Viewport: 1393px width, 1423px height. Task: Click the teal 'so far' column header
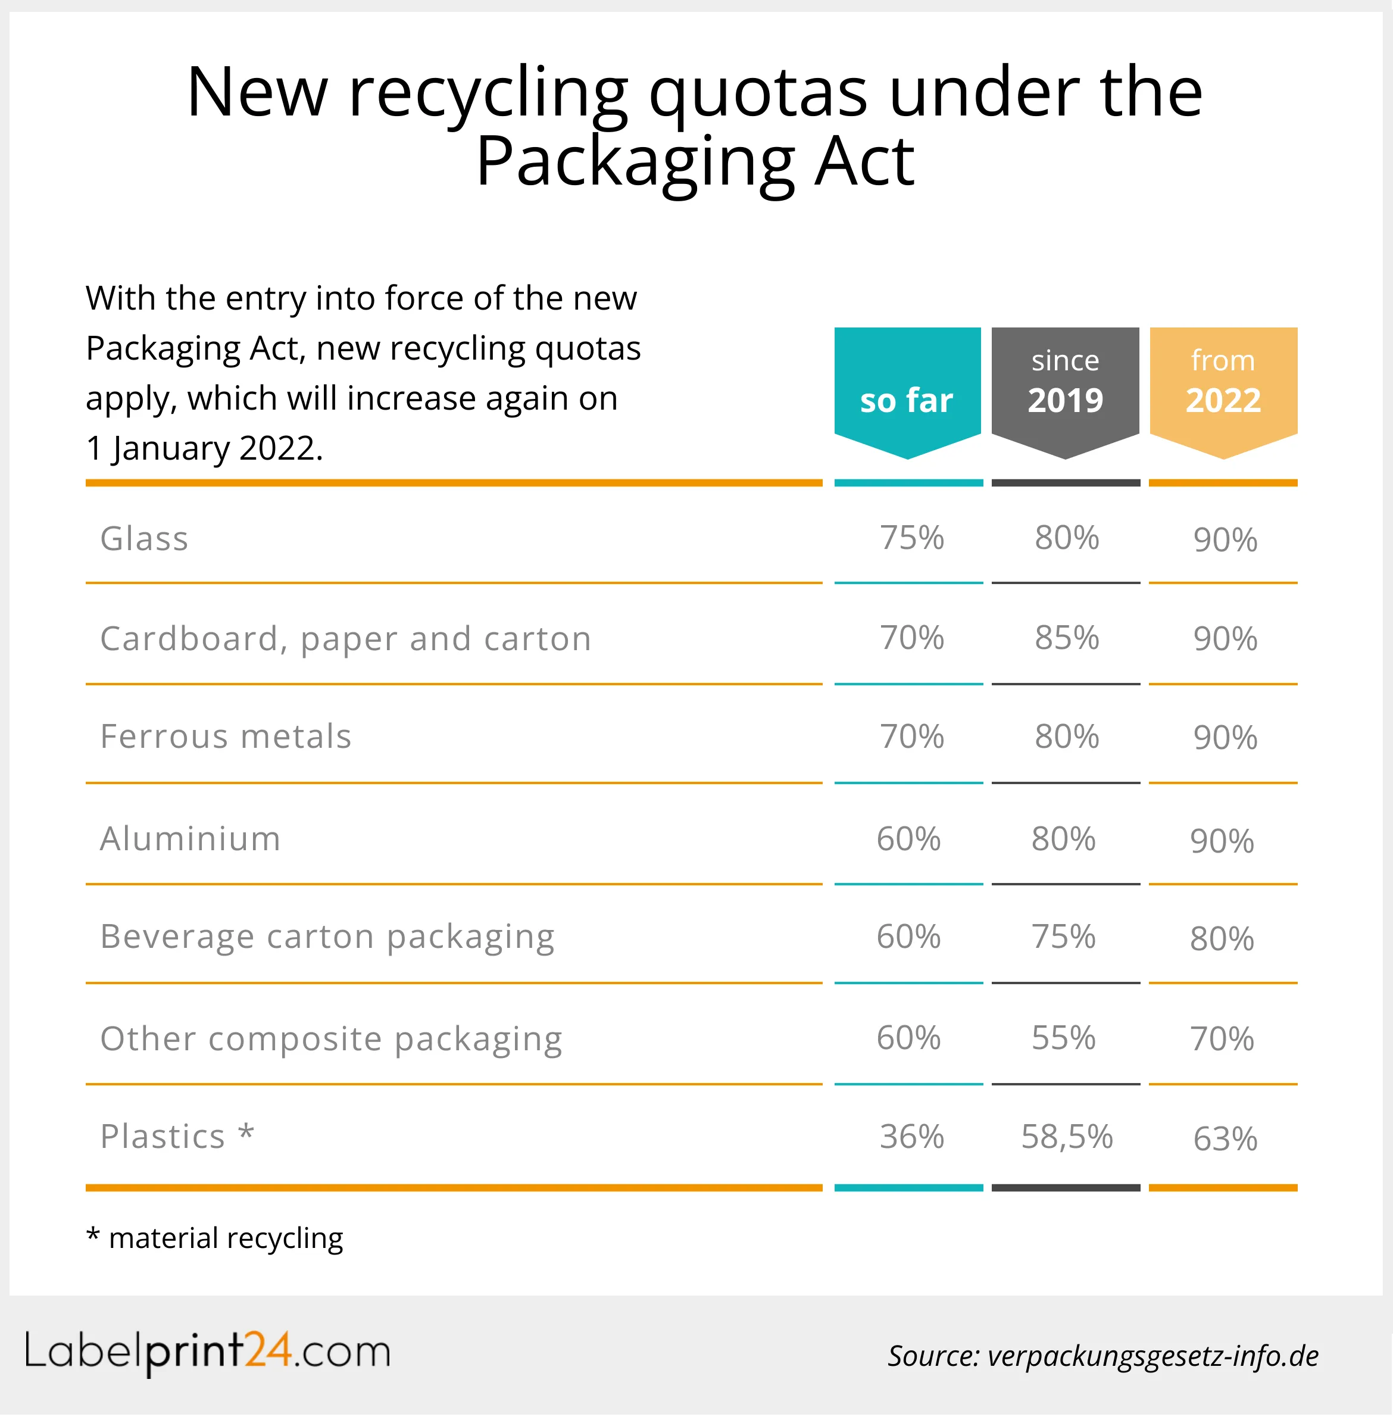coord(907,391)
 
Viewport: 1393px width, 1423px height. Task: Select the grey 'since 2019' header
coord(1065,384)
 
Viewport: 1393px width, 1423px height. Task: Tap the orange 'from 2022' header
coord(1223,384)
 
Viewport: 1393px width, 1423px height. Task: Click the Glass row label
coord(144,539)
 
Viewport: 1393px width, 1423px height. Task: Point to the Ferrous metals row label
coord(226,737)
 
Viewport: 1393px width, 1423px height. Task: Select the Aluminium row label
coord(190,839)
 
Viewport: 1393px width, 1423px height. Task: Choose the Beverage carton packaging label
coord(327,937)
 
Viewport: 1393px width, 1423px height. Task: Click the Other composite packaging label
coord(331,1040)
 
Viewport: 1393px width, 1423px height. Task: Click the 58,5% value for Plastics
coord(1067,1138)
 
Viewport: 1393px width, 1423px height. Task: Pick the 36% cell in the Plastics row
coord(911,1138)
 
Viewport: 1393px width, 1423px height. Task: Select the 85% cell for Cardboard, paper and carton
coord(1067,638)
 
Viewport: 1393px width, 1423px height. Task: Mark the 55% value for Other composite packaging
coord(1064,1038)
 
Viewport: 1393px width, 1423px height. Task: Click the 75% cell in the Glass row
coord(911,538)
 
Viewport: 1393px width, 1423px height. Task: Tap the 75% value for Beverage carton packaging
coord(1064,937)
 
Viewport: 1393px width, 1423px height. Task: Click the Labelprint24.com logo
coord(208,1353)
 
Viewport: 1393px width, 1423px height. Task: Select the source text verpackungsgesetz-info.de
coord(1152,1356)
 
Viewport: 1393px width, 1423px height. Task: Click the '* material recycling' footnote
coord(214,1238)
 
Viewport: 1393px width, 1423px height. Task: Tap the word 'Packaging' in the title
coord(635,163)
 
